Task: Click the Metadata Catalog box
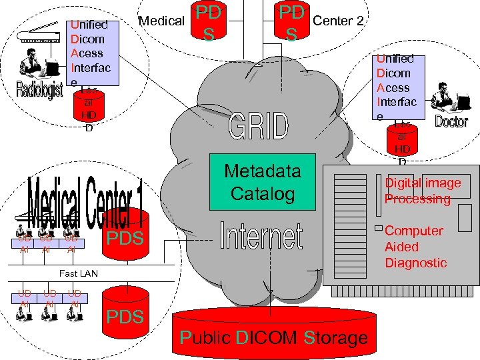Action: (x=262, y=182)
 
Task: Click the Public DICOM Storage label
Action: (x=273, y=337)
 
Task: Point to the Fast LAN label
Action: (x=78, y=273)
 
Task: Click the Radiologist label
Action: (x=39, y=89)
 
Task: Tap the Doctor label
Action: (x=451, y=121)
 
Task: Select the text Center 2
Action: (x=338, y=21)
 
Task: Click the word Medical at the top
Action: (x=161, y=21)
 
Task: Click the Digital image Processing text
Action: (x=422, y=191)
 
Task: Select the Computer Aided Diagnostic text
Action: (x=415, y=247)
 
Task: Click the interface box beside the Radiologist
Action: (x=93, y=52)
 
